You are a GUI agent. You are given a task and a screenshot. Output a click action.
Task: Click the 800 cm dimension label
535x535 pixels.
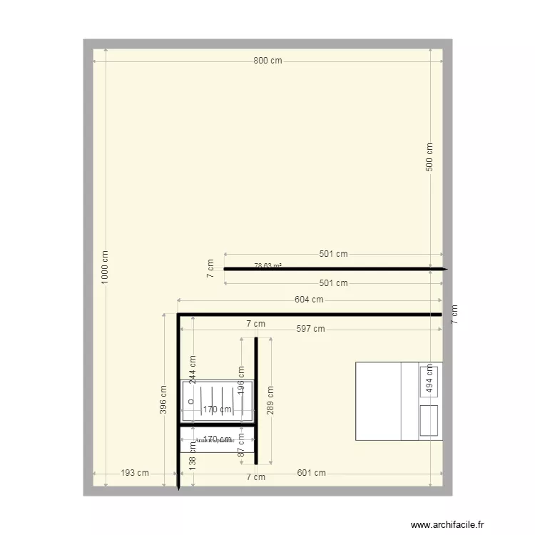pyautogui.click(x=267, y=61)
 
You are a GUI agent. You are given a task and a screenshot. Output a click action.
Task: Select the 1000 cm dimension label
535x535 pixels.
pyautogui.click(x=106, y=267)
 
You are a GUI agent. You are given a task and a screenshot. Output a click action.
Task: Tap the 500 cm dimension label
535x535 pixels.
pyautogui.click(x=429, y=157)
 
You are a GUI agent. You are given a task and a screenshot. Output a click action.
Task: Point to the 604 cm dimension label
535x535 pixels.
pyautogui.click(x=309, y=300)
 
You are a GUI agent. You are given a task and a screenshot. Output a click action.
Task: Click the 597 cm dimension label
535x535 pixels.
pyautogui.click(x=310, y=329)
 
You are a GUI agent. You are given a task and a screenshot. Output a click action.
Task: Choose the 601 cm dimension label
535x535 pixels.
pyautogui.click(x=311, y=473)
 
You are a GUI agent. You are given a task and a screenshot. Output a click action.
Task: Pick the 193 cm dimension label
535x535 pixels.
pyautogui.click(x=135, y=473)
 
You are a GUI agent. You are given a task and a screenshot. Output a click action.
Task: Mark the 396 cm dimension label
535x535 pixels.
pyautogui.click(x=163, y=400)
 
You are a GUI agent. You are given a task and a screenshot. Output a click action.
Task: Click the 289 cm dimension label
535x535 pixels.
pyautogui.click(x=270, y=400)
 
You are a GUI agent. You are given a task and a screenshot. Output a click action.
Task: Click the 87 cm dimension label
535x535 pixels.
pyautogui.click(x=241, y=448)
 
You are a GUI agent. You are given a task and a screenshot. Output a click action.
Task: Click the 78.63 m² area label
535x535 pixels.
pyautogui.click(x=267, y=266)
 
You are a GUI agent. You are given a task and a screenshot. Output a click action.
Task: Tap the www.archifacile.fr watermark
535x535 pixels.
pyautogui.click(x=448, y=524)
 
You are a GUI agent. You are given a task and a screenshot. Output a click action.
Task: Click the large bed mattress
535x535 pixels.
pyautogui.click(x=378, y=401)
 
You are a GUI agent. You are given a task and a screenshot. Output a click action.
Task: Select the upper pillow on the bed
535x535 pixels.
pyautogui.click(x=429, y=379)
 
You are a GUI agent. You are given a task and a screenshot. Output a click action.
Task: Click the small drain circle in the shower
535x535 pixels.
pyautogui.click(x=190, y=401)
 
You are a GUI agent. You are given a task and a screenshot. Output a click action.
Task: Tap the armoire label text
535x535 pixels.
pyautogui.click(x=214, y=440)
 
